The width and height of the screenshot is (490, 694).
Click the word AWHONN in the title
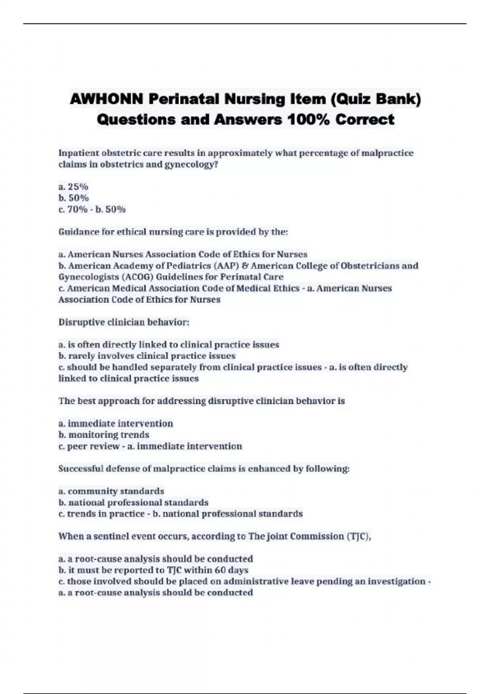(x=107, y=99)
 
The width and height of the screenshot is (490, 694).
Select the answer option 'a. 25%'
(x=73, y=187)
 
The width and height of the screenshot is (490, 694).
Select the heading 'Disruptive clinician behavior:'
(x=124, y=322)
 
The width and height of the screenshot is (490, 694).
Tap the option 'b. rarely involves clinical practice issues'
(x=147, y=356)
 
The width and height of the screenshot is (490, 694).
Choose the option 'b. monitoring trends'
(x=104, y=435)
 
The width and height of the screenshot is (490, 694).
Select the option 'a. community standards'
(x=111, y=491)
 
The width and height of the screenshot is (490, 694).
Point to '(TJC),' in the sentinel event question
(x=359, y=536)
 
